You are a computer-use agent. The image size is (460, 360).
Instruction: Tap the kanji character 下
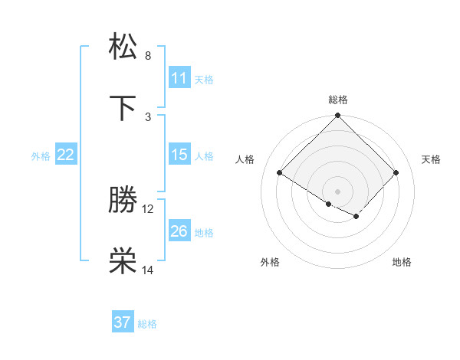(x=123, y=109)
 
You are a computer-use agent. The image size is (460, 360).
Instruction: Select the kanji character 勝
(x=123, y=201)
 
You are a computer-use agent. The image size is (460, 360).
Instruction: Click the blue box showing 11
(x=179, y=78)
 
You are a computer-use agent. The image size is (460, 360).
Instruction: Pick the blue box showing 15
(x=179, y=155)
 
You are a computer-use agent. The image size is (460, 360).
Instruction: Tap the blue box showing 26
(x=179, y=231)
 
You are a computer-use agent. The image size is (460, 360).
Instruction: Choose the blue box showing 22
(x=66, y=155)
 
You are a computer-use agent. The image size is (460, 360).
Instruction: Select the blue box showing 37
(x=123, y=322)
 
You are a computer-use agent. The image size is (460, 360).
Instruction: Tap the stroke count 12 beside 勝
(x=148, y=208)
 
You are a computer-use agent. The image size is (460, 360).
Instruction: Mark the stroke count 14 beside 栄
(x=148, y=270)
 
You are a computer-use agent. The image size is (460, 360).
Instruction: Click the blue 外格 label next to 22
(x=41, y=155)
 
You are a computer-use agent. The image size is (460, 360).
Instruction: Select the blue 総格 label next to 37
(x=147, y=324)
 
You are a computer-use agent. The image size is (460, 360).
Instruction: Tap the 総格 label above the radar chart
(x=337, y=100)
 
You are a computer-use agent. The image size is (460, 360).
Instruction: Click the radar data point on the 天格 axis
(x=396, y=173)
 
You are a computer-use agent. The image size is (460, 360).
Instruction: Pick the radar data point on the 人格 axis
(x=280, y=173)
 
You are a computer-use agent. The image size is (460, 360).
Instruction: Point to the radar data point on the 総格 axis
(x=337, y=116)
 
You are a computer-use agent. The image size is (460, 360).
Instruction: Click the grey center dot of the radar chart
(x=337, y=191)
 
